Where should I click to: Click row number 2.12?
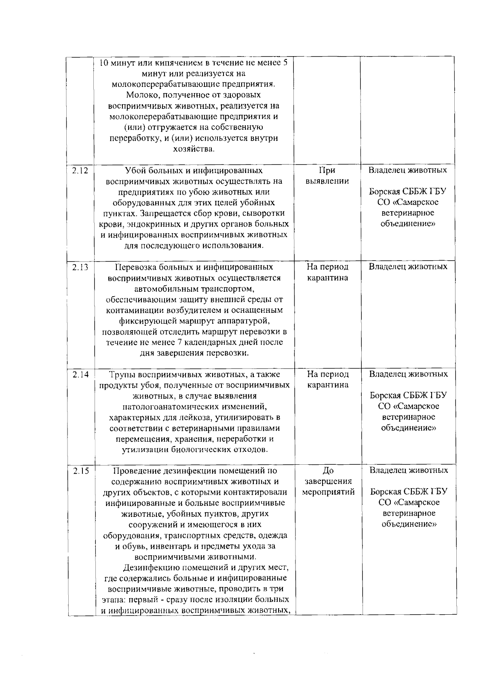tap(80, 171)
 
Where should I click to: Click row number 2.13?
tap(80, 267)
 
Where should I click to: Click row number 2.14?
tap(80, 374)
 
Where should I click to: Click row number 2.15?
tap(80, 471)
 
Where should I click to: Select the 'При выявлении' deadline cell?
tap(327, 175)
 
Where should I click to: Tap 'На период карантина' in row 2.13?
tap(327, 272)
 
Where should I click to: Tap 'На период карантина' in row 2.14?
tap(328, 379)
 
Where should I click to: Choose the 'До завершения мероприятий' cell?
tap(328, 481)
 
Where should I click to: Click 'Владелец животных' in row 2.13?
tap(408, 267)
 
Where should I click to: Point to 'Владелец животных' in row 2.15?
tap(409, 470)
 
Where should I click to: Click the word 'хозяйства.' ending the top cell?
tap(194, 149)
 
